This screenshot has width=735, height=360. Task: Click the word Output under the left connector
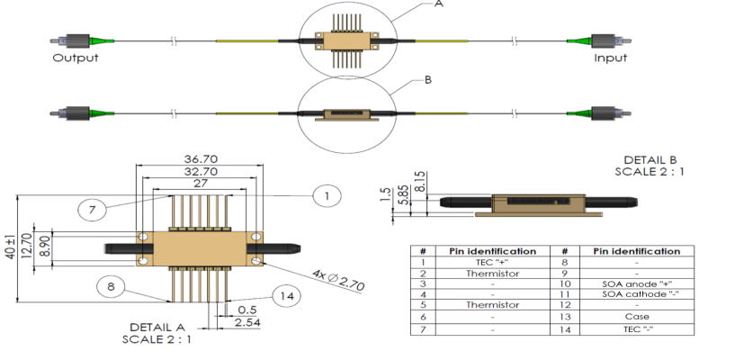tap(76, 58)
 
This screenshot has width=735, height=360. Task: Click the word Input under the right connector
tap(610, 58)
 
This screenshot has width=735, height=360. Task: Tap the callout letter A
tap(439, 4)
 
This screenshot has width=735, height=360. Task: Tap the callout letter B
tap(428, 80)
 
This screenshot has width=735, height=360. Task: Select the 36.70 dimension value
tap(201, 159)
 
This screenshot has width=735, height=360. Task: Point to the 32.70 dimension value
tap(201, 172)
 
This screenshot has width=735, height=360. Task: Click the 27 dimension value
tap(201, 184)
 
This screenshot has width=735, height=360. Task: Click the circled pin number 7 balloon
tap(93, 210)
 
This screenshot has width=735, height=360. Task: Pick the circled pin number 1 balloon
tap(327, 195)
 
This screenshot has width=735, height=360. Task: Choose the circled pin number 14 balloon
tap(286, 296)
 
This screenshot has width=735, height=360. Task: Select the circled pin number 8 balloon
tap(111, 286)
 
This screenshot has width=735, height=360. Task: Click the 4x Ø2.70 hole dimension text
tap(336, 279)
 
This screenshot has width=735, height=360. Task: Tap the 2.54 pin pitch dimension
tap(248, 322)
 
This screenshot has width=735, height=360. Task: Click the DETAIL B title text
tap(650, 160)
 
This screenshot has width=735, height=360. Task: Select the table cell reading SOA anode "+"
tap(637, 283)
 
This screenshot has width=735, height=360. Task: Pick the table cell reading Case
tap(637, 317)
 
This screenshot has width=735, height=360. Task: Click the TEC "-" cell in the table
tap(637, 329)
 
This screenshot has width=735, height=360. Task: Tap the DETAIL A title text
tap(157, 327)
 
